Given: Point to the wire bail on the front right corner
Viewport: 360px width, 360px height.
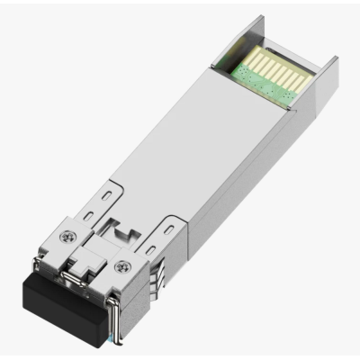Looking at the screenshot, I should tap(118, 310).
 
